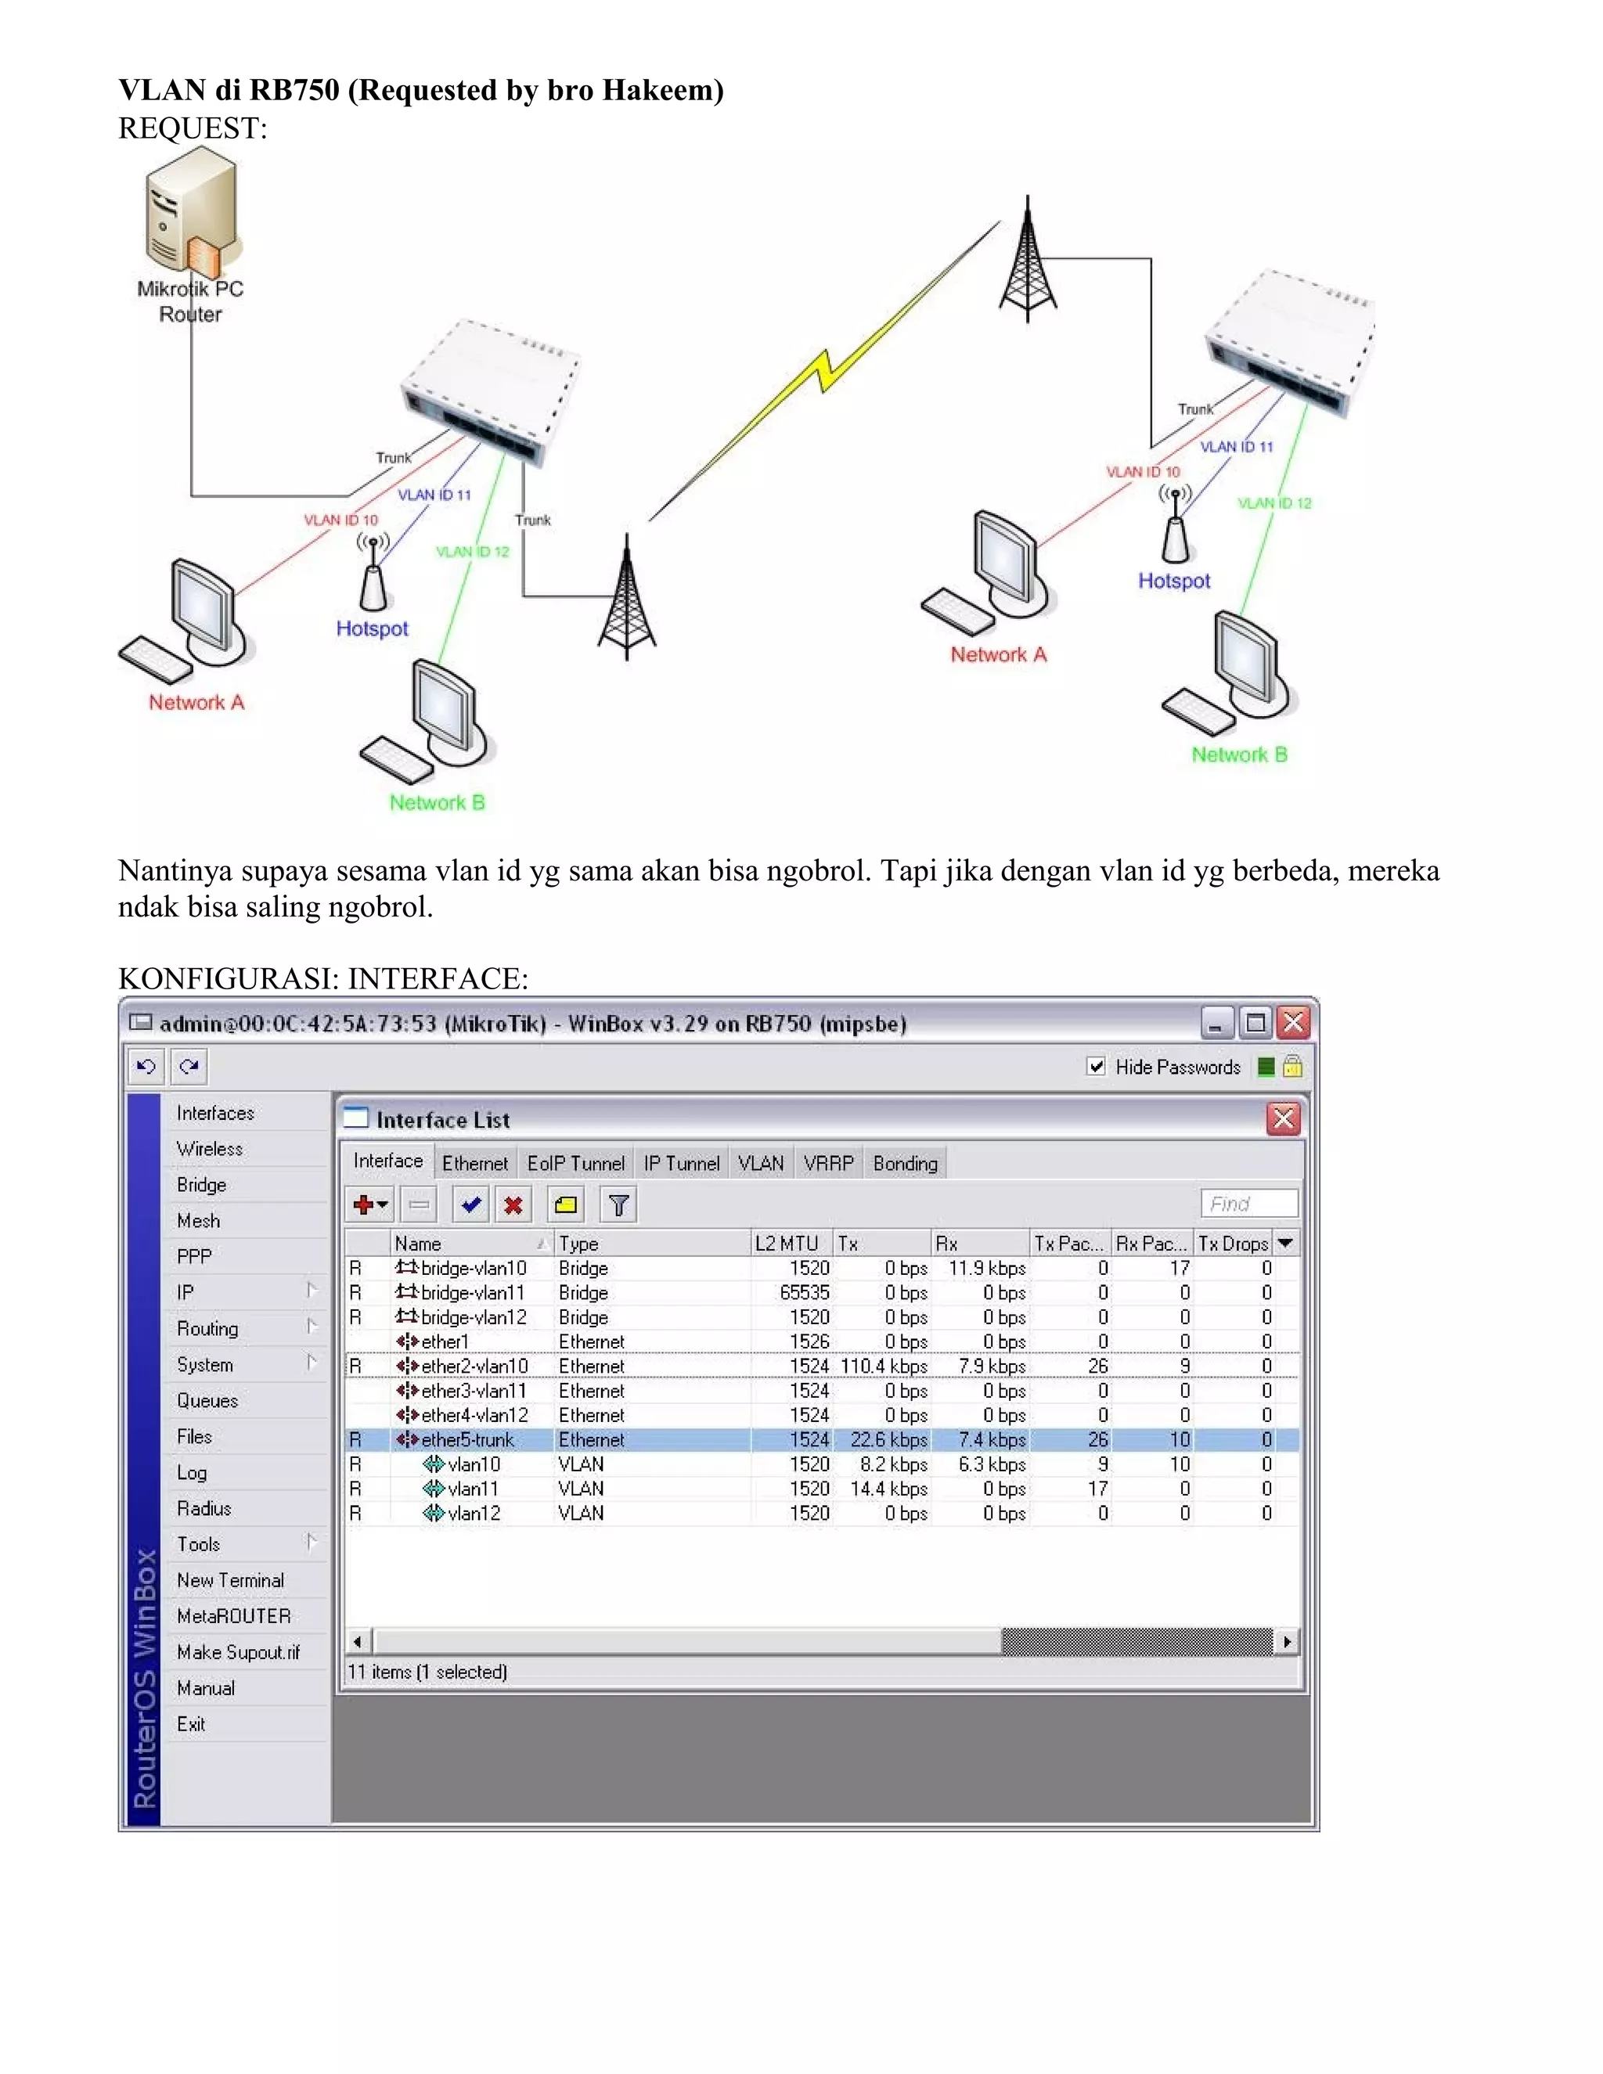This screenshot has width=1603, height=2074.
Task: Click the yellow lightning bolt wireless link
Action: (x=824, y=373)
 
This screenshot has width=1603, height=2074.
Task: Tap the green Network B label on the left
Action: (x=437, y=802)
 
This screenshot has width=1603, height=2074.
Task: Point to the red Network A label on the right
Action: (x=998, y=655)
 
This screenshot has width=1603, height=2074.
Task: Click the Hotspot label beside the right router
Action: (x=1174, y=582)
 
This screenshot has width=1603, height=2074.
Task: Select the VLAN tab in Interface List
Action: (x=761, y=1163)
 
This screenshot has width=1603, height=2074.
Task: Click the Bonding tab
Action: (x=904, y=1163)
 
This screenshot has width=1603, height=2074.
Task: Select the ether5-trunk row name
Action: (x=467, y=1439)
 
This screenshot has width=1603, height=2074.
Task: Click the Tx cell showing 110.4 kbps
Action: (x=883, y=1366)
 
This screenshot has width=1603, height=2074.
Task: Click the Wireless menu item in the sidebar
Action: (x=210, y=1149)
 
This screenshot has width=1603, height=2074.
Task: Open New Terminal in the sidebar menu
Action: (x=230, y=1580)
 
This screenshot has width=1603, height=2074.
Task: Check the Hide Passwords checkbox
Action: (x=1096, y=1067)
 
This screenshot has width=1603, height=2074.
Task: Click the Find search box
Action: (x=1248, y=1204)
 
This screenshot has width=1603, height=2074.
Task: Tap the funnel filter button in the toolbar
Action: (x=618, y=1205)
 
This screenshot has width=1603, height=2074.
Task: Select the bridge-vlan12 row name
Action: (x=473, y=1317)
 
